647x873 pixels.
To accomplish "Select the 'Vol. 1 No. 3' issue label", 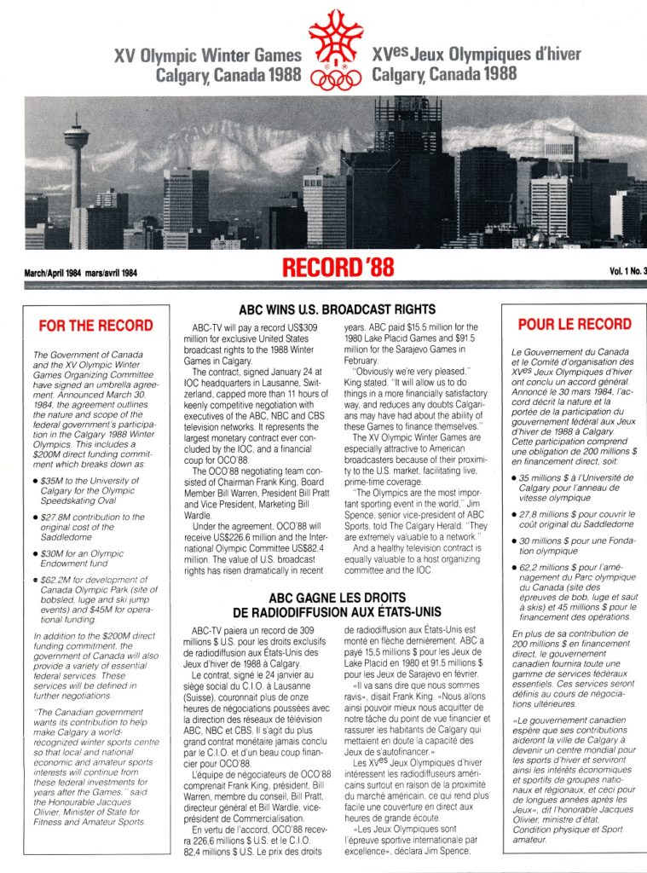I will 627,272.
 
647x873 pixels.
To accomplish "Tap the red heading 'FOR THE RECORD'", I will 96,326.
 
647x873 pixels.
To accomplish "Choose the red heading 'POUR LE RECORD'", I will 575,325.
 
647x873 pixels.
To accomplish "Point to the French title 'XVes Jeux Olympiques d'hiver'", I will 477,55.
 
